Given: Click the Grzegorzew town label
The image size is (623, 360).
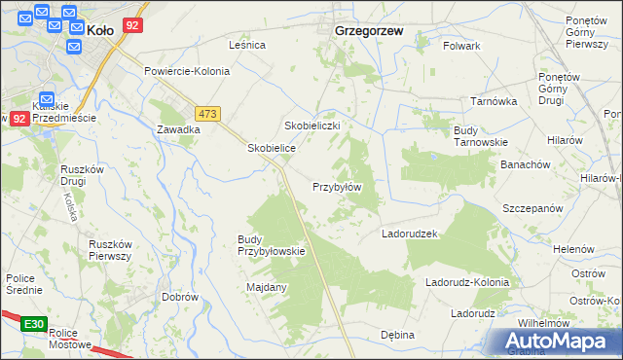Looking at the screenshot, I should click(x=369, y=30).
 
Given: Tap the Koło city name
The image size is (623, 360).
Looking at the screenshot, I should click(x=100, y=30).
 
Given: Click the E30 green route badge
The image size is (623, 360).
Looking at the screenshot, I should click(x=33, y=323).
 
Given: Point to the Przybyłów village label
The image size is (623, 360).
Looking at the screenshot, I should click(x=337, y=187).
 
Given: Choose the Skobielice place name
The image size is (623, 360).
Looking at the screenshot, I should click(x=271, y=147).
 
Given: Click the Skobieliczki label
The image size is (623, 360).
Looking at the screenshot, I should click(x=311, y=126).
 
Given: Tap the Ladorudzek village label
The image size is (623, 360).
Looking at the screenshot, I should click(x=412, y=234).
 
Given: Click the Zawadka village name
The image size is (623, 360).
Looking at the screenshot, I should click(x=178, y=129).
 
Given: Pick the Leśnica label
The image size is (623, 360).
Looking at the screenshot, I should click(x=247, y=45).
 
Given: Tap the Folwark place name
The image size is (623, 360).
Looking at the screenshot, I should click(x=461, y=46).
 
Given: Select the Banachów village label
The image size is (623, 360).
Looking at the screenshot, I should click(x=526, y=164).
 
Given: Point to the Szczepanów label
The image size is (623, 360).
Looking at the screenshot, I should click(x=532, y=209).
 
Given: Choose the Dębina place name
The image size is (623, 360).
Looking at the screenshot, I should click(x=397, y=335).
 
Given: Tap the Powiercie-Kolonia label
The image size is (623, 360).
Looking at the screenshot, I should click(x=187, y=71).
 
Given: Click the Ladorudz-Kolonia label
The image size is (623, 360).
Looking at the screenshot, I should click(x=467, y=282).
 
